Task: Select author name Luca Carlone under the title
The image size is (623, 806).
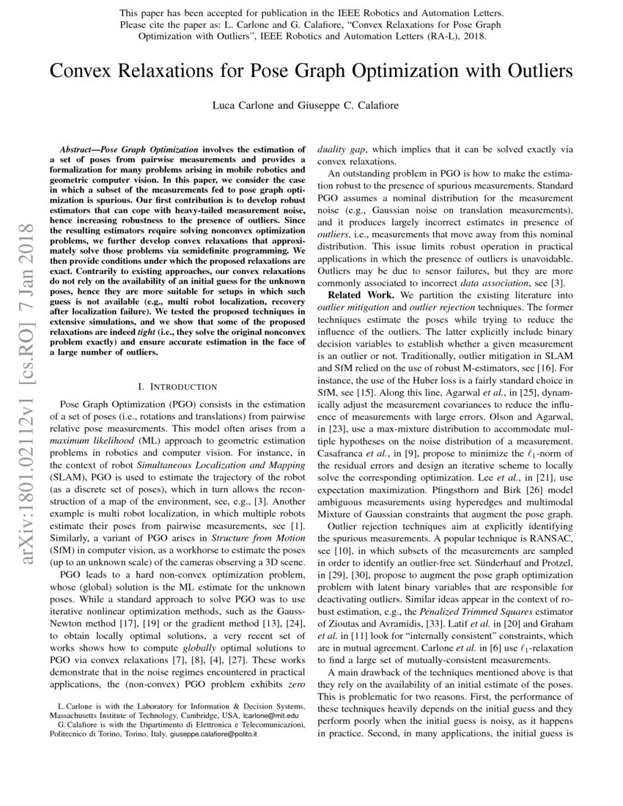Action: pos(242,106)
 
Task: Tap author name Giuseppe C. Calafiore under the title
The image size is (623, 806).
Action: pos(353,106)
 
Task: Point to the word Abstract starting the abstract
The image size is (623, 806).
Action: pos(79,148)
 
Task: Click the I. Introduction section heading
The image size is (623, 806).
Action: pos(177,385)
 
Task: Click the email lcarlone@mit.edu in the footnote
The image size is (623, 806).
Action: pos(271,714)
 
